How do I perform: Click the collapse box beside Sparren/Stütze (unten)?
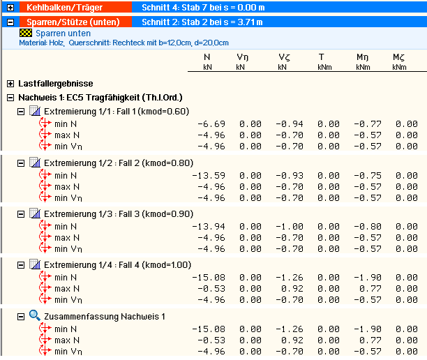click(9, 22)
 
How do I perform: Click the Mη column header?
click(362, 57)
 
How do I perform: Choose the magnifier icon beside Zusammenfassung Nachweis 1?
click(35, 316)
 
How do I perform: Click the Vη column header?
click(241, 57)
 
